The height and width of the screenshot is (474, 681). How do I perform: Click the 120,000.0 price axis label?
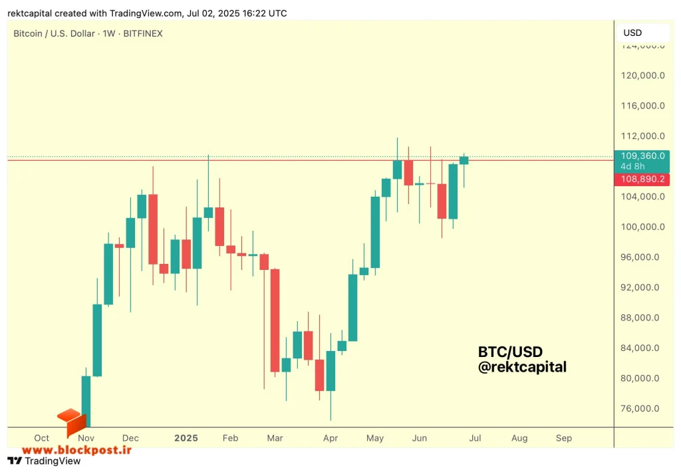642,76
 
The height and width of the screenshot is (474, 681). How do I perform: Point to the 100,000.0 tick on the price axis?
642,227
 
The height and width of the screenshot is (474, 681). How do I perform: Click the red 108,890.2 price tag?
642,179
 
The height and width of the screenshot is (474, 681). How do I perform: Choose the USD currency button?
632,33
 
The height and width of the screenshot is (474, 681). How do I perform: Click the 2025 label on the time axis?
186,438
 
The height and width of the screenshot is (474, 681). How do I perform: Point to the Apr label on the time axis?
331,438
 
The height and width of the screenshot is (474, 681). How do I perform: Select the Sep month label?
564,438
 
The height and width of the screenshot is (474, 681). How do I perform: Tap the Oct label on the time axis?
42,438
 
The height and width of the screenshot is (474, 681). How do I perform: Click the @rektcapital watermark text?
522,367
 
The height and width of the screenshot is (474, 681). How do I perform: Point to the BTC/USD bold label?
510,352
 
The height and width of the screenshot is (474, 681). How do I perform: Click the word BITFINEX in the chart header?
143,33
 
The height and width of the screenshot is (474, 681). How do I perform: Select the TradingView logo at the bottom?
44,461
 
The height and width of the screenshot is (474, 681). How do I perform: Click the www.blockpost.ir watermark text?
76,450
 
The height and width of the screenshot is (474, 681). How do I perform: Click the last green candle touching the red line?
464,161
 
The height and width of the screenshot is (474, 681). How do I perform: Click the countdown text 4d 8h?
632,167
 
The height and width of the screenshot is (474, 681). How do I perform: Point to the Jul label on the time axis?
475,438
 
